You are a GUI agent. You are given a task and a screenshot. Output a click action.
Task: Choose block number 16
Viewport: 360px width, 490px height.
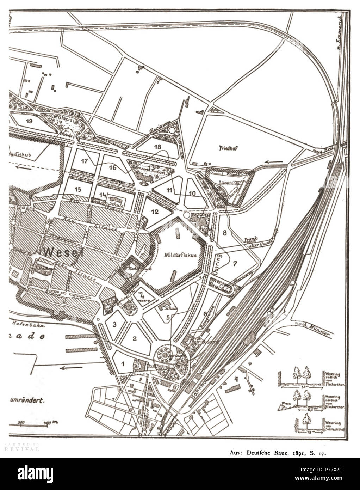[112, 167]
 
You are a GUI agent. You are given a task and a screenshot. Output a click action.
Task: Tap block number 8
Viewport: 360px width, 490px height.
[224, 232]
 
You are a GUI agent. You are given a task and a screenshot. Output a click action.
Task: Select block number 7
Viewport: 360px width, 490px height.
[236, 263]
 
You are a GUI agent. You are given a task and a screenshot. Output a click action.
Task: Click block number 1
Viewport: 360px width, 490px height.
[122, 363]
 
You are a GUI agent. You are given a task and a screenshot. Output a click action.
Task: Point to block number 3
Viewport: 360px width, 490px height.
[114, 324]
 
